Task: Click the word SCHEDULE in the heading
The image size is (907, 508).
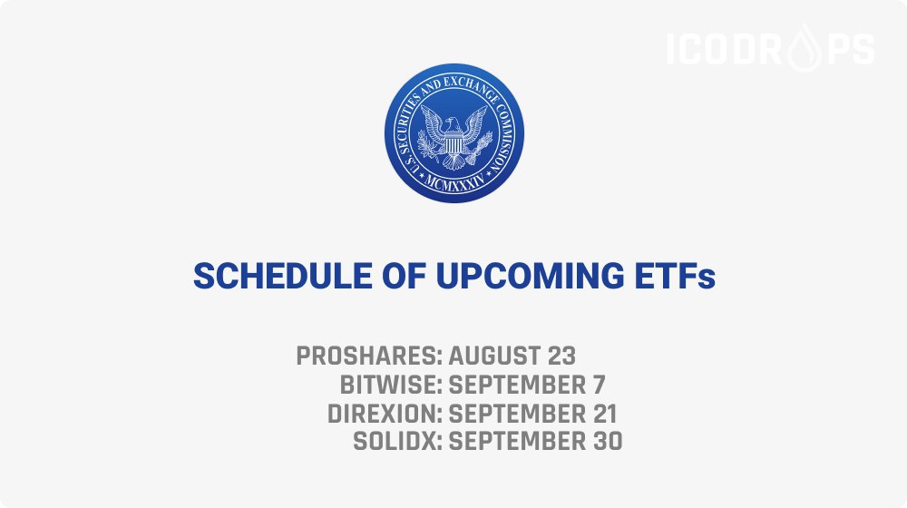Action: (x=283, y=276)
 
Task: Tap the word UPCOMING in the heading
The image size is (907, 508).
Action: (x=530, y=276)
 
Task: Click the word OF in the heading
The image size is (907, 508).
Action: (x=404, y=276)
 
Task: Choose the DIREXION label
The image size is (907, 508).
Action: (x=385, y=414)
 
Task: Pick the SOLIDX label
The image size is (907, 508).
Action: (x=398, y=442)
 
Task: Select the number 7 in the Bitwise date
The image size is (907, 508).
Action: (x=599, y=385)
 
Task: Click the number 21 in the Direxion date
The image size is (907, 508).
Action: (x=605, y=414)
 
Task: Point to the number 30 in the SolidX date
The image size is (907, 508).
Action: (x=608, y=442)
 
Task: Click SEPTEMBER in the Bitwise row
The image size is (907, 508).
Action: (x=518, y=385)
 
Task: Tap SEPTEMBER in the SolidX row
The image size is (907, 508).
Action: (x=518, y=442)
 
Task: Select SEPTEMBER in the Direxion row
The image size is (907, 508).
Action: (x=518, y=414)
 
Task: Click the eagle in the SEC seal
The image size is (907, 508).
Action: (x=454, y=135)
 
